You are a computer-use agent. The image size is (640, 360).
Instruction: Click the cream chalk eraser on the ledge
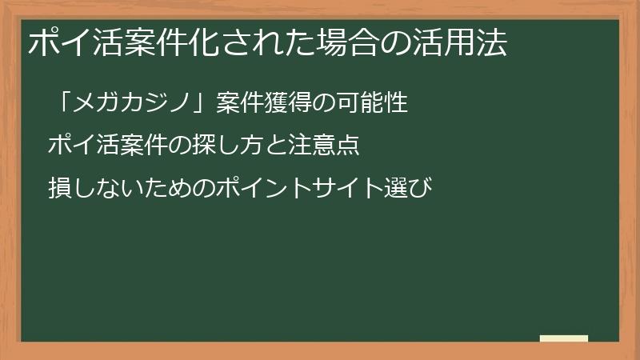click(x=564, y=338)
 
